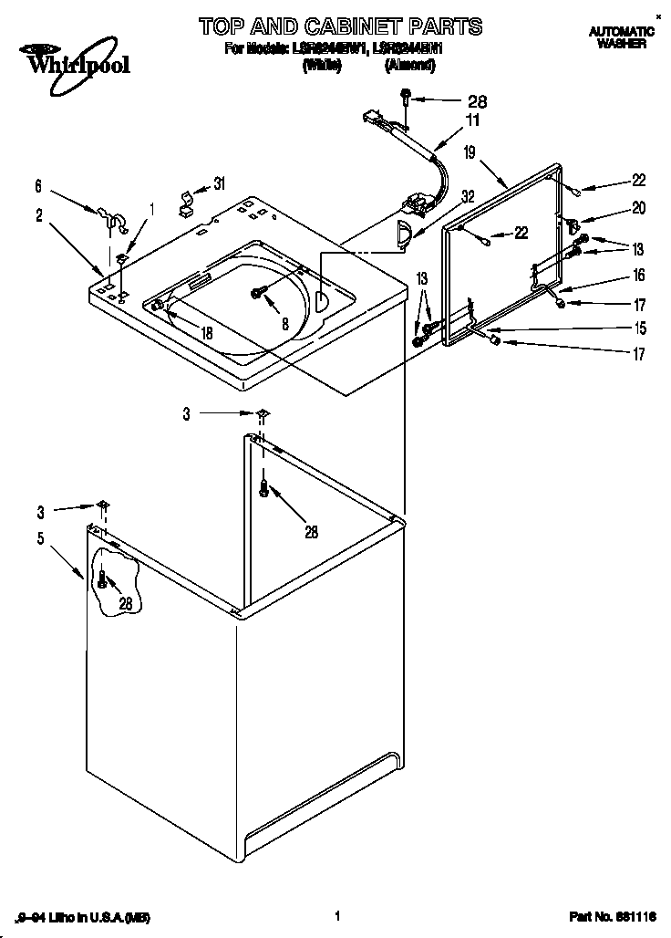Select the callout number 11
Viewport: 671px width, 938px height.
(472, 119)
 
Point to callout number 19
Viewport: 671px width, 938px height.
(470, 153)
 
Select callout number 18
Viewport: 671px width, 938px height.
(207, 333)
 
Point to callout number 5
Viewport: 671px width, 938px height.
(40, 537)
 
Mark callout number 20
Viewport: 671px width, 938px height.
(638, 208)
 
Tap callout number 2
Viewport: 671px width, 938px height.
(40, 215)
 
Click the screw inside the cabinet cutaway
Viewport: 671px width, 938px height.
(104, 578)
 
